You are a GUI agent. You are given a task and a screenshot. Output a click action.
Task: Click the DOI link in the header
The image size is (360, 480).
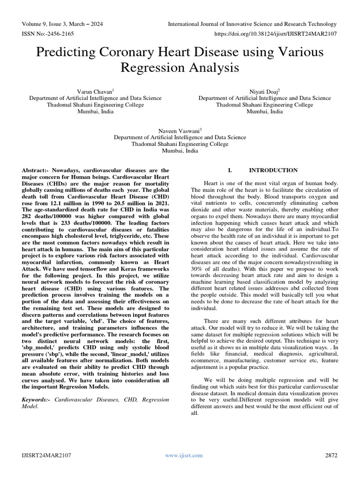click(275, 34)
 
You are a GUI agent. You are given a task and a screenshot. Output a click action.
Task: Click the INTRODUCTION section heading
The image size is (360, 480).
click(273, 170)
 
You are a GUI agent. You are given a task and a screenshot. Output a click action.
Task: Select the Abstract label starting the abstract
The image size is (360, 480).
click(36, 170)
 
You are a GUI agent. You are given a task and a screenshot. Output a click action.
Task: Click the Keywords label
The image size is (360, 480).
click(36, 399)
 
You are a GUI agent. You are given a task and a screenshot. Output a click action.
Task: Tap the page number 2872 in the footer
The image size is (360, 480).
click(331, 455)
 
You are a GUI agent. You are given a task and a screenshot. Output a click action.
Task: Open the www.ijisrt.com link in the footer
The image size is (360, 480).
click(184, 455)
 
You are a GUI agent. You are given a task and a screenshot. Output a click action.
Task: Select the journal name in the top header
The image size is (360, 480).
click(252, 24)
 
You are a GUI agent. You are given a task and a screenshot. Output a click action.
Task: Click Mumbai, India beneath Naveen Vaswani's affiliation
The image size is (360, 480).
click(180, 151)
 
